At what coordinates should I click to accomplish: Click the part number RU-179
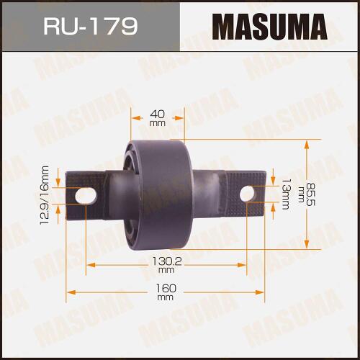91,26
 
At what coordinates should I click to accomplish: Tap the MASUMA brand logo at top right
270,27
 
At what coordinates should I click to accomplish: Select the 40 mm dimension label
158,118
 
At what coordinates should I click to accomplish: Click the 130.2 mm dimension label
167,265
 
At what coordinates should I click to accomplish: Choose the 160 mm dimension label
166,292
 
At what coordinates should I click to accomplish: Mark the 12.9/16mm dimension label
45,195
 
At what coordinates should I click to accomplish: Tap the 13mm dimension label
286,194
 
